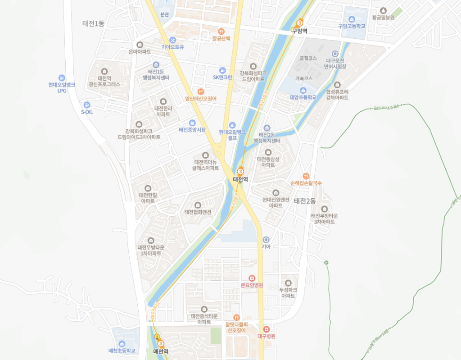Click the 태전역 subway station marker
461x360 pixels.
tap(240, 172)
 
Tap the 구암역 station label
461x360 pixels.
tap(299, 31)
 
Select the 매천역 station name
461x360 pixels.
tap(161, 351)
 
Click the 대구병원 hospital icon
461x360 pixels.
tap(266, 329)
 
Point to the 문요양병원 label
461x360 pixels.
tap(252, 285)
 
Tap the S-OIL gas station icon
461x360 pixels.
tap(87, 105)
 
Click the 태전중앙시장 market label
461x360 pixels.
tap(192, 130)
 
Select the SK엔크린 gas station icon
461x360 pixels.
tap(222, 70)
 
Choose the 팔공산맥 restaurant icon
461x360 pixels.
tap(221, 32)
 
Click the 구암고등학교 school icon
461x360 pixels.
tap(352, 19)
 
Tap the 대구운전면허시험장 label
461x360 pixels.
tap(335, 64)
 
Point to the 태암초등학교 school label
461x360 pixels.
tap(303, 97)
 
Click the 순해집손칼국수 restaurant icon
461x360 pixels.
tap(306, 176)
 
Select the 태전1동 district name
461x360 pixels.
tap(94, 23)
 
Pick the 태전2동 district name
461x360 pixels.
tap(305, 201)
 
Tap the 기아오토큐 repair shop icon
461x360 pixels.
tap(173, 40)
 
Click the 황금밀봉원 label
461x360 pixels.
tap(383, 18)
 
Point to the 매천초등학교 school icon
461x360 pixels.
tap(122, 344)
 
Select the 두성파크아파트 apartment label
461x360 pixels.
tap(288, 292)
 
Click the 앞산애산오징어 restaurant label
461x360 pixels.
tap(201, 98)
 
